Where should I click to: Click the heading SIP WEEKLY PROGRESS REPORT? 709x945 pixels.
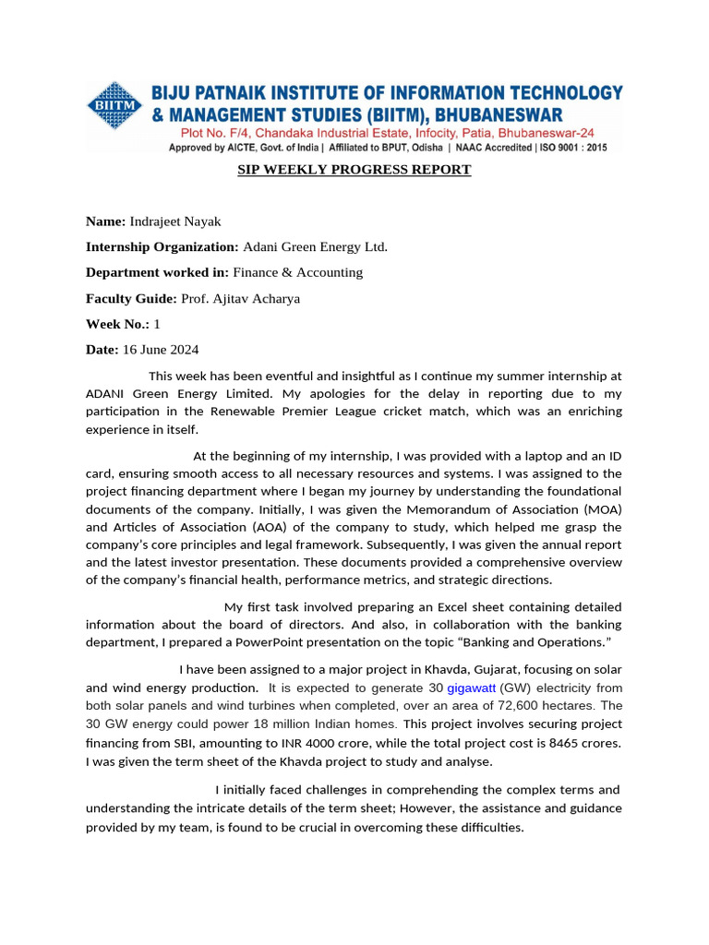[354, 170]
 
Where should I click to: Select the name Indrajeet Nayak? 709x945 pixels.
[174, 221]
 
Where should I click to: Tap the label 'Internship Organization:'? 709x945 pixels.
[162, 246]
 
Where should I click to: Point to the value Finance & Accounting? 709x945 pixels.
[297, 272]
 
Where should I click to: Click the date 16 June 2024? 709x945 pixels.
[161, 350]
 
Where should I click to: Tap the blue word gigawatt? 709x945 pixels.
[471, 688]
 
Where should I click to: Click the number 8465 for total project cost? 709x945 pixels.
[539, 743]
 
